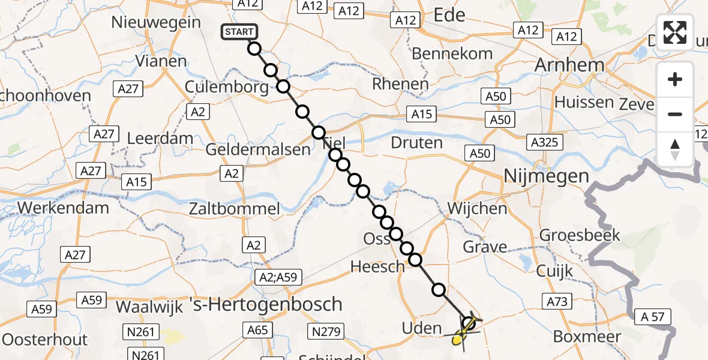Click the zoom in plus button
[x=675, y=79]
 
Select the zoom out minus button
[x=675, y=114]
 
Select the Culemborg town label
[x=227, y=88]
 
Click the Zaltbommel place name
[x=234, y=209]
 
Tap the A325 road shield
[x=544, y=142]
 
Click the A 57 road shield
[x=655, y=317]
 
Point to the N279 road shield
[x=326, y=331]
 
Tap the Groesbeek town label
[x=580, y=235]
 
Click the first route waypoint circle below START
[x=254, y=49]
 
